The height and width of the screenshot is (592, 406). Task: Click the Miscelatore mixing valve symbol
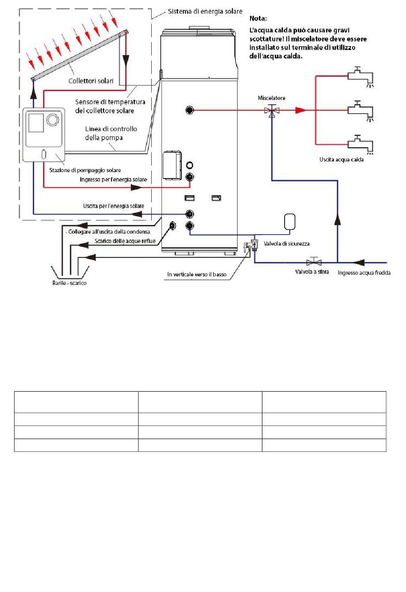272,110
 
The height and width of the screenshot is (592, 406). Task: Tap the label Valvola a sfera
312,272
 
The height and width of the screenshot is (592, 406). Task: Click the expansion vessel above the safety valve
290,222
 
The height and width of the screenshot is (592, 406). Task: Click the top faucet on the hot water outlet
360,76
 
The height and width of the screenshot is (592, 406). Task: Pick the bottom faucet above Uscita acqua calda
360,144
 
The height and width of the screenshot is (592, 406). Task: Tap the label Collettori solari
91,81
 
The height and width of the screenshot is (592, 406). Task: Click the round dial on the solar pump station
53,120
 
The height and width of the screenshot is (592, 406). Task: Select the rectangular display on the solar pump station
36,123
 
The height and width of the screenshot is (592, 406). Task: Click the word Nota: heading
258,18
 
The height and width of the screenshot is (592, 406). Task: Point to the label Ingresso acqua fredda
364,273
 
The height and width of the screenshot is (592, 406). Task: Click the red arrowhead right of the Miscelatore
300,110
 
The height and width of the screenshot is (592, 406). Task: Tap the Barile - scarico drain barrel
70,271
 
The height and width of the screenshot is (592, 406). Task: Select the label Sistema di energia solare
205,12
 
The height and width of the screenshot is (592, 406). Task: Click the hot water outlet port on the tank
189,110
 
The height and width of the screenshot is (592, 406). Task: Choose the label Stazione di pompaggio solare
85,170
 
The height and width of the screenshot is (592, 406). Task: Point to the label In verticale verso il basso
197,274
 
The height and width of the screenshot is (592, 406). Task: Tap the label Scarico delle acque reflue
125,241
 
